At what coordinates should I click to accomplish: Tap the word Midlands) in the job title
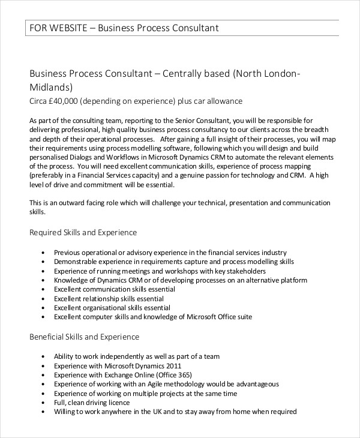52,87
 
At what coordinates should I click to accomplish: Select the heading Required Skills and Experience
83,232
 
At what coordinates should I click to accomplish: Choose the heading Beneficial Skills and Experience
85,337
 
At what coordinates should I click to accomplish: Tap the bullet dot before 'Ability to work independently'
43,357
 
